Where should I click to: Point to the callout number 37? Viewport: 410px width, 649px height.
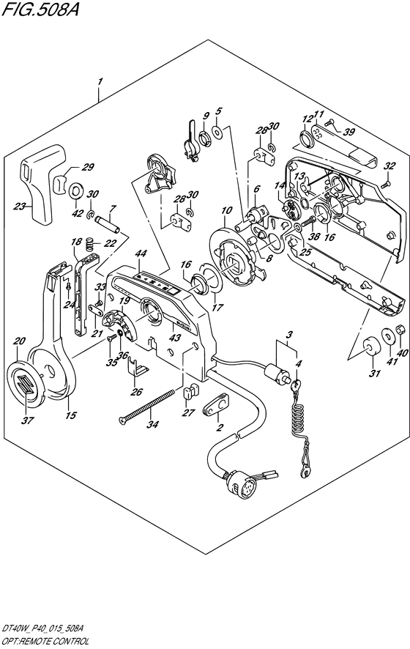pos(29,420)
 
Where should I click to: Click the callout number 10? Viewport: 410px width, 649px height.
pos(226,211)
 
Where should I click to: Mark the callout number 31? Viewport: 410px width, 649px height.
pos(374,374)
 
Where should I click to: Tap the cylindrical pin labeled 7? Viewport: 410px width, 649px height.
pos(108,223)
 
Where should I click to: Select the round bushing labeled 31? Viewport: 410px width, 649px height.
pos(369,345)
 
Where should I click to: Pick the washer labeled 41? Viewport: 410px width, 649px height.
pos(388,336)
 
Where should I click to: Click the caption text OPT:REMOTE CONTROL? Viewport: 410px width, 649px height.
pos(46,642)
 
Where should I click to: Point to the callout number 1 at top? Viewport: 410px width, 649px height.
pos(100,82)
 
